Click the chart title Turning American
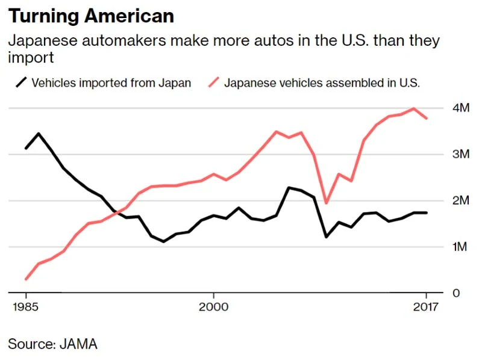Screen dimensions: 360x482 point(91,16)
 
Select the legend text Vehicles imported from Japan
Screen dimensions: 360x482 point(111,83)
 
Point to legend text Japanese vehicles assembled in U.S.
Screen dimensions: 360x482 point(322,83)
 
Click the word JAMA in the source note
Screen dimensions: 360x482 point(78,344)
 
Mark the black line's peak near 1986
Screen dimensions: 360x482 point(39,133)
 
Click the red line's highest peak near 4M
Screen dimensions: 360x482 point(413,108)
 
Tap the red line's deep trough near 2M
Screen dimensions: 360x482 point(326,203)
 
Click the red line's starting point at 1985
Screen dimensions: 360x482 point(26,279)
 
